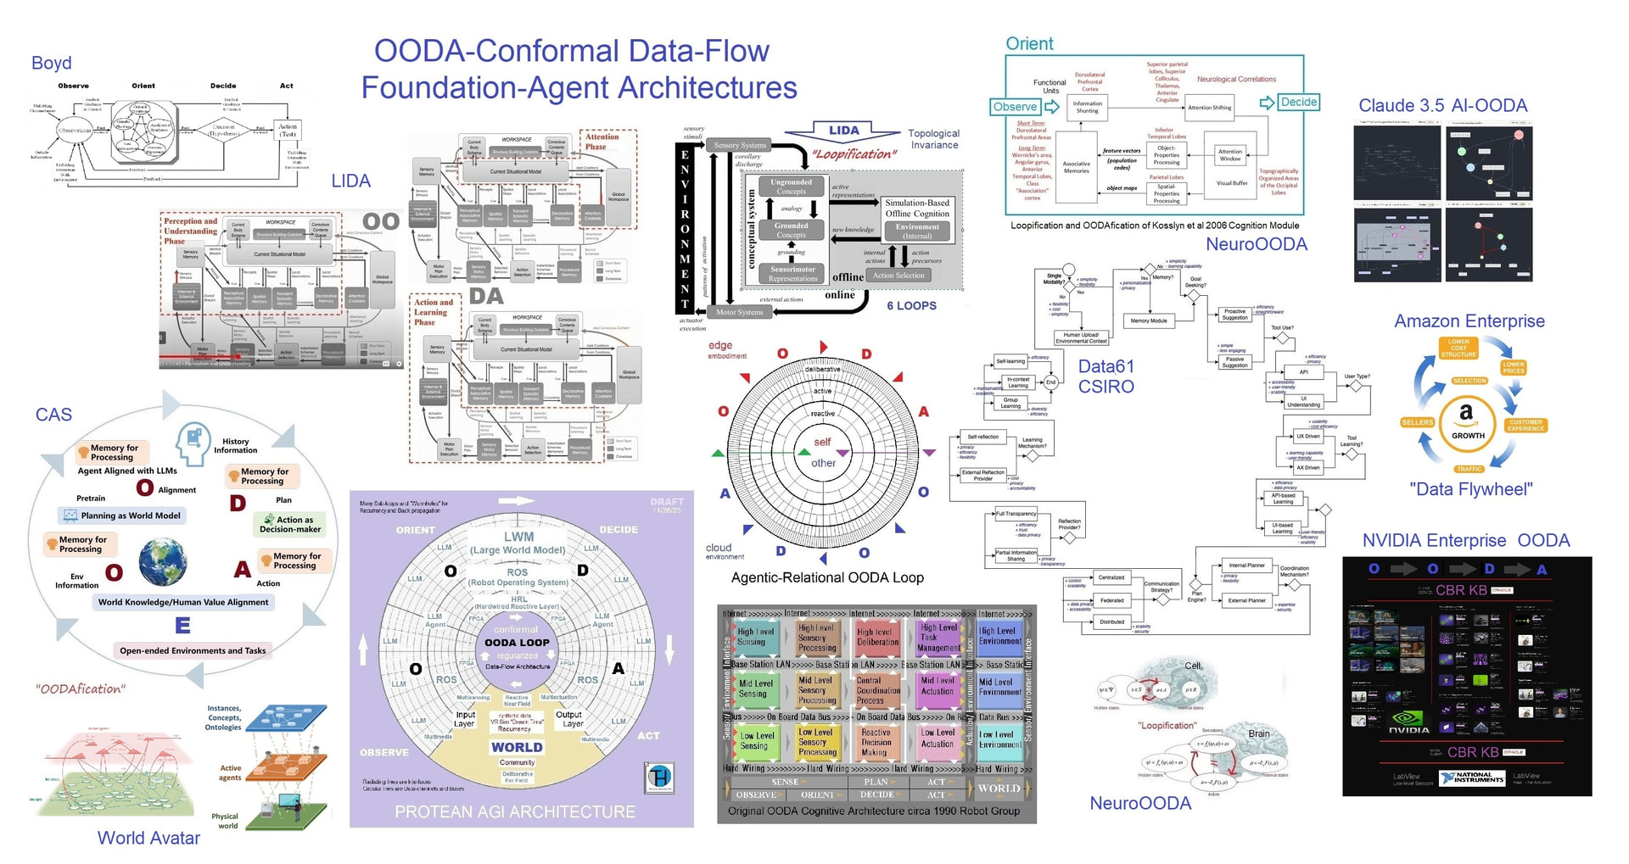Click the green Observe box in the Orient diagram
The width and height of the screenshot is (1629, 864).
click(x=1015, y=107)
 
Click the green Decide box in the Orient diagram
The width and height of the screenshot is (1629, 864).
click(x=1298, y=102)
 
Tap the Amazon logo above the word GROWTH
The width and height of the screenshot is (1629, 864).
click(x=1466, y=414)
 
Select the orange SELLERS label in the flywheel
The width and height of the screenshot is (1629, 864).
click(x=1417, y=421)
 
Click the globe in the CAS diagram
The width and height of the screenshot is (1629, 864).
click(x=163, y=563)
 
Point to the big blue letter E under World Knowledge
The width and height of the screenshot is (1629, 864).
click(x=182, y=626)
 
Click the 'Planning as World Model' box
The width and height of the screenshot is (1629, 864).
click(x=121, y=516)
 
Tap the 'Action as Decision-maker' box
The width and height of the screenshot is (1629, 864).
click(x=290, y=524)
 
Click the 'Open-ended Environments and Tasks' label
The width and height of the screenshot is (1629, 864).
click(x=193, y=651)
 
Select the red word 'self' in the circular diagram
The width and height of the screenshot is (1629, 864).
click(x=822, y=442)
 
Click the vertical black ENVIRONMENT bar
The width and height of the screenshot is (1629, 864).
click(x=685, y=228)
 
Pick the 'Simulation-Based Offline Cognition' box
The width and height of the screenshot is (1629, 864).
click(x=917, y=209)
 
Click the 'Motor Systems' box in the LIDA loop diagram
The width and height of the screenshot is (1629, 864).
click(x=739, y=312)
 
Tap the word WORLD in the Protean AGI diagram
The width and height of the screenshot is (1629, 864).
click(x=517, y=748)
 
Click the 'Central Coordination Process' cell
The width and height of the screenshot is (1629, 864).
click(x=877, y=690)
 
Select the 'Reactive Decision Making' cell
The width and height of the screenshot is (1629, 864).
click(x=876, y=742)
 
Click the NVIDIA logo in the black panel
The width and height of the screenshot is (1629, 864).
click(x=1409, y=723)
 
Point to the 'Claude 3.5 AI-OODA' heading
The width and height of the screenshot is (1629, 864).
click(x=1442, y=106)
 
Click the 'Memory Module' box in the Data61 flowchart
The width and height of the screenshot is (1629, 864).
click(x=1148, y=321)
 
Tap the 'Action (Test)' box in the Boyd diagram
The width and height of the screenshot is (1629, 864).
click(x=288, y=131)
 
